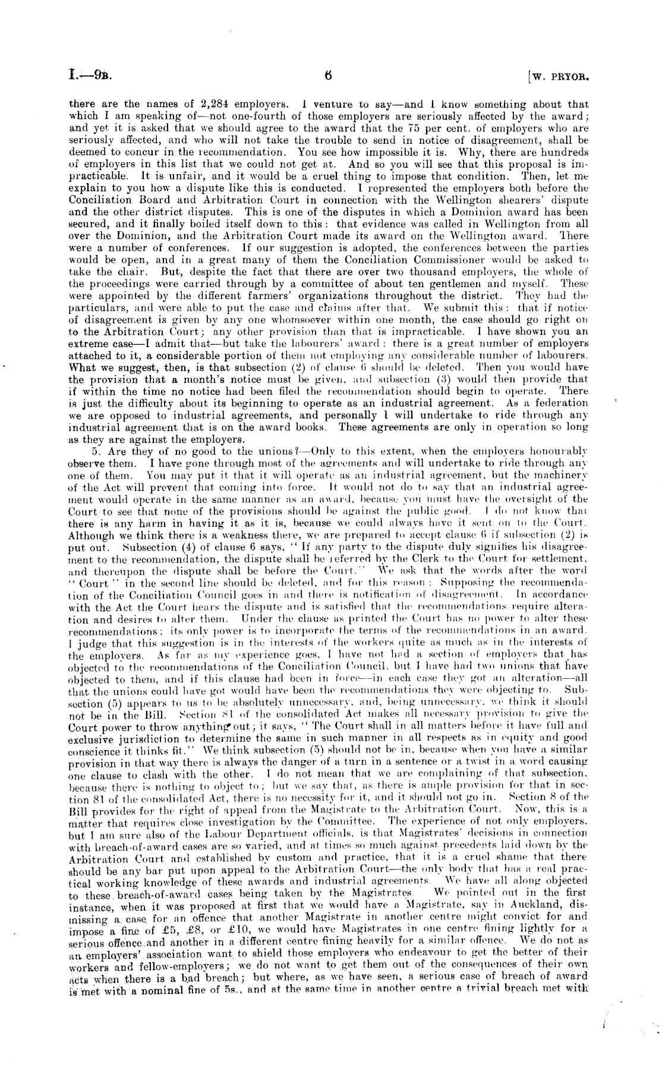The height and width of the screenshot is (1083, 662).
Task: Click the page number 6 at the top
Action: point(328,75)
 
